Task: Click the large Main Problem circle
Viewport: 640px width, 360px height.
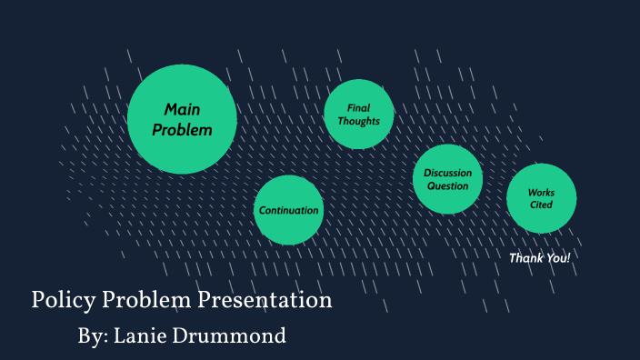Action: click(x=182, y=119)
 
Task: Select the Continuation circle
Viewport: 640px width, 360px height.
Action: click(x=288, y=210)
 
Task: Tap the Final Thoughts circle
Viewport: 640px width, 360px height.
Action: click(x=358, y=115)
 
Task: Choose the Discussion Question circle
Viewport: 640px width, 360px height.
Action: click(x=447, y=179)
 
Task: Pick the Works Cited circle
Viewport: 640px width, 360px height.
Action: click(x=542, y=198)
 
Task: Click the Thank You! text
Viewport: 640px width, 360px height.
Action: click(x=539, y=258)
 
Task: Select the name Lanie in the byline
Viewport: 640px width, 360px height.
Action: click(x=145, y=335)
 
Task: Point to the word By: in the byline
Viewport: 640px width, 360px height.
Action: click(x=93, y=335)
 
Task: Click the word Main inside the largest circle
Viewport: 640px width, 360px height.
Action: click(x=182, y=109)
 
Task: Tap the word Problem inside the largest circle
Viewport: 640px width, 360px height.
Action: click(x=182, y=130)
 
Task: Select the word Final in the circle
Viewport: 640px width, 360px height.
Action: click(x=358, y=108)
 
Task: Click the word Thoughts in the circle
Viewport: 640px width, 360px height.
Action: click(x=358, y=121)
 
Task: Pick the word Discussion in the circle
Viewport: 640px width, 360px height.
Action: click(x=447, y=173)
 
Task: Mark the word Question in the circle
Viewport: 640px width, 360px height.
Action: click(x=447, y=186)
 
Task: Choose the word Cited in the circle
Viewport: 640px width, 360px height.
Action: click(x=542, y=205)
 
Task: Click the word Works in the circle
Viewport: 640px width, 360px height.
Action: click(x=542, y=192)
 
